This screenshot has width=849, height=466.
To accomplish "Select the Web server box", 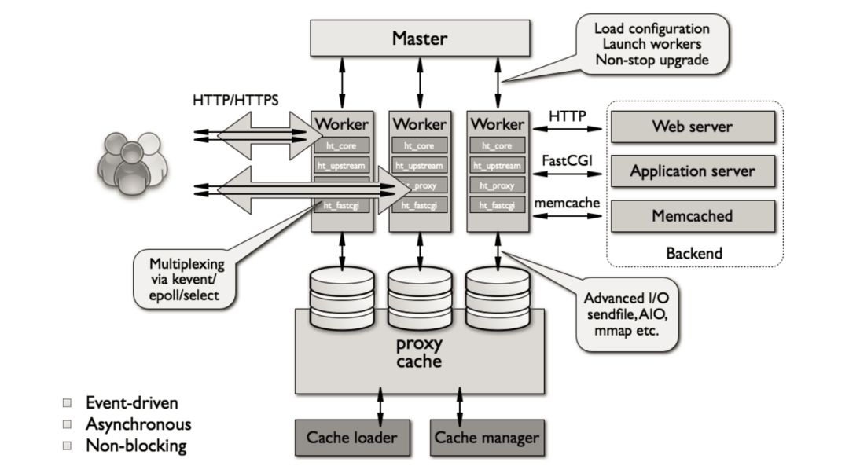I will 693,126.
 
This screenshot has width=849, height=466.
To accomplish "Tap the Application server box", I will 693,171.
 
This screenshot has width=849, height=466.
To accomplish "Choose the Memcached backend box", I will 693,215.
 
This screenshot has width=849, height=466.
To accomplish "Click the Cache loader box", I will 351,438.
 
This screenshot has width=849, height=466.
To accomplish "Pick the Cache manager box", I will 487,438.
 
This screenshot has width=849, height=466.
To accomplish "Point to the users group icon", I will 132,161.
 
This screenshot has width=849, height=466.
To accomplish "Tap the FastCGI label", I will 566,160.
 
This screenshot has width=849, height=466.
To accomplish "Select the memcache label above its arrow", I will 567,203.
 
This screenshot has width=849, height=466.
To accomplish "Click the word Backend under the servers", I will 693,253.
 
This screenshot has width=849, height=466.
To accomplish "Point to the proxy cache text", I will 419,353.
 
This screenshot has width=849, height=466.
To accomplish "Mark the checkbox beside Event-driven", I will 68,403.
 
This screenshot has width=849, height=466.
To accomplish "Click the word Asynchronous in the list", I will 138,424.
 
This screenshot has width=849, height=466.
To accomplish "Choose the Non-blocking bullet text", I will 136,446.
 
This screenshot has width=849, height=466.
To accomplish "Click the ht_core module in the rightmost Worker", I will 497,145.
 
